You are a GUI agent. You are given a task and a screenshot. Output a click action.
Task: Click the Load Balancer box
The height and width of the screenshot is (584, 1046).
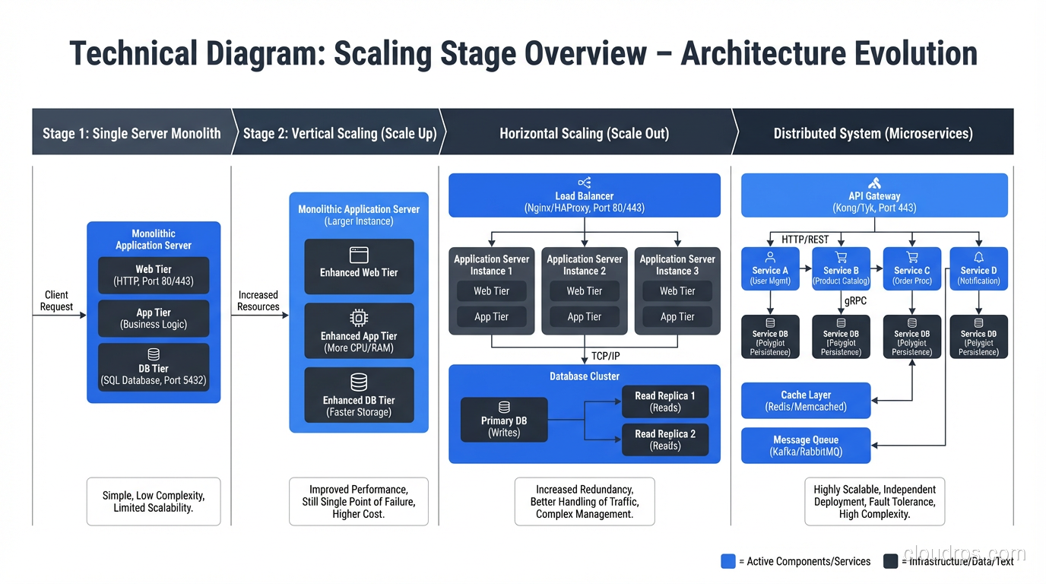click(584, 195)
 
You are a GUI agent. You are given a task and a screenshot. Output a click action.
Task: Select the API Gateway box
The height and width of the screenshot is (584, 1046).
click(874, 195)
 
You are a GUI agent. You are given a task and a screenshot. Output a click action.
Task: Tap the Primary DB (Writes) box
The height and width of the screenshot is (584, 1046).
click(504, 420)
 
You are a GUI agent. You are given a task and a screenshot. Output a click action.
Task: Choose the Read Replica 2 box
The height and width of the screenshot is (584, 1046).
click(665, 440)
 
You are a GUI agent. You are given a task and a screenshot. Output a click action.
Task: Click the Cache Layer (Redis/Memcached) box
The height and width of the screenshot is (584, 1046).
click(806, 401)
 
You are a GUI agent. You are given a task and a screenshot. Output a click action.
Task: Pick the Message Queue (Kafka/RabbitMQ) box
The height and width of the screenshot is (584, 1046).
click(806, 446)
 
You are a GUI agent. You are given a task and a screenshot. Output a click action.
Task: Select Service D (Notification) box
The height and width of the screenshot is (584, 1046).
click(978, 268)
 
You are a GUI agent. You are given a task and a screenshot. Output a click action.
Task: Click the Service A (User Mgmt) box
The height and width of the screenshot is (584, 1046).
click(770, 268)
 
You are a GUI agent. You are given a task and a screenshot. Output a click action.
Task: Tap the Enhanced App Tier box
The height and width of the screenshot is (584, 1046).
click(359, 332)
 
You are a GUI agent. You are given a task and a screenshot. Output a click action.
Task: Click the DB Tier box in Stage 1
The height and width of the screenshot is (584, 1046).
click(154, 367)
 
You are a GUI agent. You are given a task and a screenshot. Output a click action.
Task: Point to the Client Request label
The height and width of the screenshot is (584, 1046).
click(56, 301)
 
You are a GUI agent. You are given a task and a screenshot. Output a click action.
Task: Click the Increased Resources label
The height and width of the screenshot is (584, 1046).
click(258, 301)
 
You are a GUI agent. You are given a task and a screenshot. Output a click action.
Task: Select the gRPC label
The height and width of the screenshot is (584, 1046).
click(855, 301)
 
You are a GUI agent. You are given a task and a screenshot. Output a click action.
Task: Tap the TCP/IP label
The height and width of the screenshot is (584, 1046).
click(606, 356)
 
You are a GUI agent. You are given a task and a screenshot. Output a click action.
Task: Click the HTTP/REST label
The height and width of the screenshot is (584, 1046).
click(805, 240)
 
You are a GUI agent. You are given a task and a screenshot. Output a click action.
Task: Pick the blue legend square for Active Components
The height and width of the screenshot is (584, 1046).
click(727, 561)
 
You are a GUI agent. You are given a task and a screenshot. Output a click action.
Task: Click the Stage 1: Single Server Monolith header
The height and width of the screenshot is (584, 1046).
click(132, 133)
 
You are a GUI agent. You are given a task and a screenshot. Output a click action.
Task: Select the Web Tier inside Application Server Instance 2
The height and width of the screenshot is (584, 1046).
click(584, 291)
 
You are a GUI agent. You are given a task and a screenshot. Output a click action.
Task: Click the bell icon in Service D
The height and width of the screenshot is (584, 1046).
click(978, 258)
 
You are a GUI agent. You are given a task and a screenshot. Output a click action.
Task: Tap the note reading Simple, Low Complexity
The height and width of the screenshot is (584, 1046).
click(154, 501)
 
